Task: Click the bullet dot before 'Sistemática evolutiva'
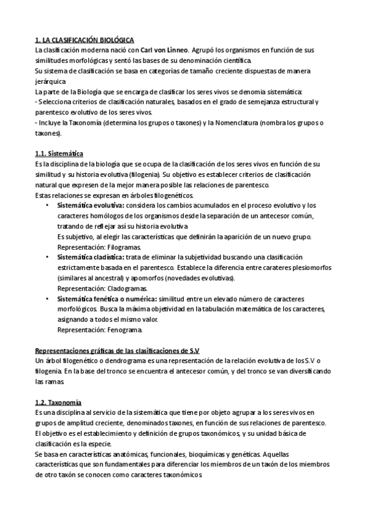(48, 206)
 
